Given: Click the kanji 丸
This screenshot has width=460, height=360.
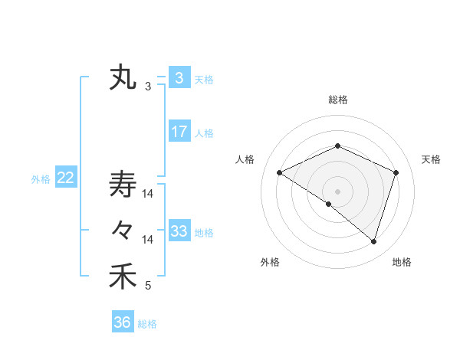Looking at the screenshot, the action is coord(123,78).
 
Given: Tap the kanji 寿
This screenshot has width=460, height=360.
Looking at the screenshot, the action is coord(123,184).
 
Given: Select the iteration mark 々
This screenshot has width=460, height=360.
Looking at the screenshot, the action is coord(123,230).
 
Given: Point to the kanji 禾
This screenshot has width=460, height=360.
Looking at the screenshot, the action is coord(123,276).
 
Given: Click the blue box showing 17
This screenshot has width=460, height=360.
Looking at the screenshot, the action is coord(179,131).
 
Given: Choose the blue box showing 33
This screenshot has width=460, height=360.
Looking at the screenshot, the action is coord(179,231).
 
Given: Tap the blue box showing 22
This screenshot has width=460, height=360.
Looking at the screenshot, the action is coord(65,178).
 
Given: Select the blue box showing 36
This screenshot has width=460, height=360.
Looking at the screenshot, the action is coord(122,322).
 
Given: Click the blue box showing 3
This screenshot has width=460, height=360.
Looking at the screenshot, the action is coord(179,78).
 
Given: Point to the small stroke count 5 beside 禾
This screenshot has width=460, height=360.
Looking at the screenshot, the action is coord(148,286).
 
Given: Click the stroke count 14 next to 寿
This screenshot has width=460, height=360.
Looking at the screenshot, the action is coord(148,195).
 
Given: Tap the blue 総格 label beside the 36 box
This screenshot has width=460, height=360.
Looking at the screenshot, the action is coord(147,324).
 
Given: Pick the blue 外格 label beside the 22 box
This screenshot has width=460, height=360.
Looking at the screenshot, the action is coord(41,179).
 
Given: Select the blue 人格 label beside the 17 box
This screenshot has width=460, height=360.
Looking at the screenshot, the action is coord(204,133).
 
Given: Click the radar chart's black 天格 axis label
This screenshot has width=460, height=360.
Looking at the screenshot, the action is coord(431,159).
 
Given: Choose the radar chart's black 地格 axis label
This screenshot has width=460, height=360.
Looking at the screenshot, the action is coord(402,263).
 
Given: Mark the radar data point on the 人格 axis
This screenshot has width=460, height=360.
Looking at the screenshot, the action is coord(280,172).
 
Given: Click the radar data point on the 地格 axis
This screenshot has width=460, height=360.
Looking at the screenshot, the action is coord(373,241).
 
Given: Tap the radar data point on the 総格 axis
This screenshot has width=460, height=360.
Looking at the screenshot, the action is coord(337,146).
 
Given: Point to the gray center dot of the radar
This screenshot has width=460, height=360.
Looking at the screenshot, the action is coord(337,191).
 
